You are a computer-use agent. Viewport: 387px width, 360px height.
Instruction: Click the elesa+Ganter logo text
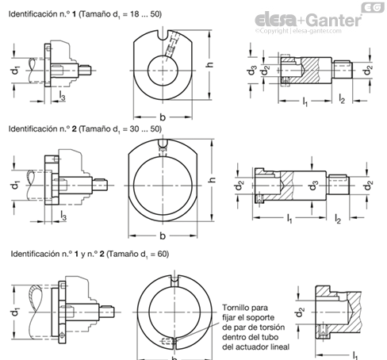pos(308,20)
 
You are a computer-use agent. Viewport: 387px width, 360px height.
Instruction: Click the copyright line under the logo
pos(298,31)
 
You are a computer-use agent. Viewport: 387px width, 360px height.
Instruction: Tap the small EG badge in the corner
pos(373,7)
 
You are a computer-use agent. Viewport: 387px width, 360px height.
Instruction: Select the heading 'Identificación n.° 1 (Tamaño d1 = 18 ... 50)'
pos(85,14)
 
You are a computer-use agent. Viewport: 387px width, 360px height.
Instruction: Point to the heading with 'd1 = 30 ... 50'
pos(85,129)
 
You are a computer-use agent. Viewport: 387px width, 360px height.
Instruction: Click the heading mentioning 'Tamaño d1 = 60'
pos(90,254)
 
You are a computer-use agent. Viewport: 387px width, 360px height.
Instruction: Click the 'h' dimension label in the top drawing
pos(209,64)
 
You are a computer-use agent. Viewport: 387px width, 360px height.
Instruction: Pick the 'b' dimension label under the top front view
pos(163,117)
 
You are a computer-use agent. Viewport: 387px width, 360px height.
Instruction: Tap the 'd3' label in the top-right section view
pos(251,71)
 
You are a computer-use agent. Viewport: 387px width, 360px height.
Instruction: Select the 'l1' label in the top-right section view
pos(305,101)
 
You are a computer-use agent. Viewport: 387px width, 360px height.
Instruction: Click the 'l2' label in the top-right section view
pos(342,99)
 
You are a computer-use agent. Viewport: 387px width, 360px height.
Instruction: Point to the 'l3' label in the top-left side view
pos(62,96)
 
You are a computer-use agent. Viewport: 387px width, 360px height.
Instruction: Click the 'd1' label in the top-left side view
pos(15,71)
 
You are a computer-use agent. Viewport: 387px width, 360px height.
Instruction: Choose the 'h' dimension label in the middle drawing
pos(212,180)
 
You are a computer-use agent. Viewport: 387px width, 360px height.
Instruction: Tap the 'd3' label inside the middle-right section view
pos(313,186)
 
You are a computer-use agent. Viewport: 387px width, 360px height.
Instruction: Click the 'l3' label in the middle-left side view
pos(63,216)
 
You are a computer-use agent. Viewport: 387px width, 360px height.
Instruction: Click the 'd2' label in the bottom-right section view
pos(299,312)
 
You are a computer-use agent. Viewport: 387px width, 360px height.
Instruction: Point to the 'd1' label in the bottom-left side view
pos(15,312)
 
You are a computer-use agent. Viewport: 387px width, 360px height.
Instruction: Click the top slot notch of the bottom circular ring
pos(174,281)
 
